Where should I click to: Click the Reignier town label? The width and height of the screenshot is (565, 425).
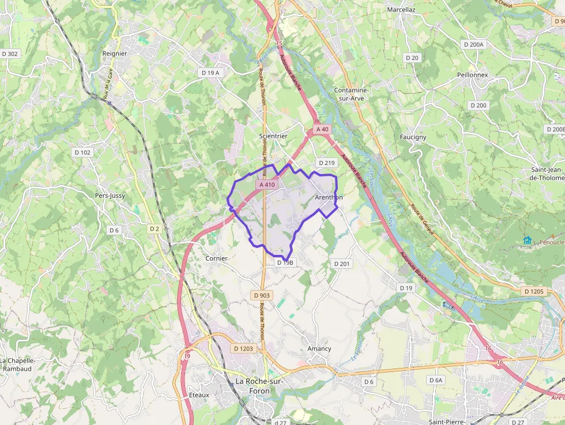[114, 54]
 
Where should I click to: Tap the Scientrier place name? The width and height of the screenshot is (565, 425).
[273, 136]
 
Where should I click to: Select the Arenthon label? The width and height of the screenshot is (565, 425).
[329, 197]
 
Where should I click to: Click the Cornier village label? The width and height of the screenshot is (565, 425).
[217, 258]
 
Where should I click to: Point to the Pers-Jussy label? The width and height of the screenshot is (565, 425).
[110, 195]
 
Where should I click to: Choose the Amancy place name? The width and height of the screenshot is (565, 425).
[319, 348]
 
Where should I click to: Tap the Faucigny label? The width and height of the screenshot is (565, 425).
[413, 137]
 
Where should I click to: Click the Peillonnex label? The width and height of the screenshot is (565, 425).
[472, 75]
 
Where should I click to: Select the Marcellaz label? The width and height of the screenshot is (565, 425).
[401, 10]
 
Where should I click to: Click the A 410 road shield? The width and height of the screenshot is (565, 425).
[268, 185]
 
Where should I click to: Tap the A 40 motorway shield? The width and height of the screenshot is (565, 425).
[323, 129]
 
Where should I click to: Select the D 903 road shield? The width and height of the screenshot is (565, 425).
[261, 295]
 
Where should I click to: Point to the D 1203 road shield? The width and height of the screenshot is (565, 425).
[244, 348]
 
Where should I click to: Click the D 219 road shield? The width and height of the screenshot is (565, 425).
[326, 163]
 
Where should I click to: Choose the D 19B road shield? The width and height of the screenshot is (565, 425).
[285, 262]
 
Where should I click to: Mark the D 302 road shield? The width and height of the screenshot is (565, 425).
[10, 54]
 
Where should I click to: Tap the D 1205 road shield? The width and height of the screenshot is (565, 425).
[534, 292]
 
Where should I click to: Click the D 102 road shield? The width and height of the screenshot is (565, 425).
[82, 152]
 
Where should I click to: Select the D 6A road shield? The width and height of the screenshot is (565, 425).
[436, 380]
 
